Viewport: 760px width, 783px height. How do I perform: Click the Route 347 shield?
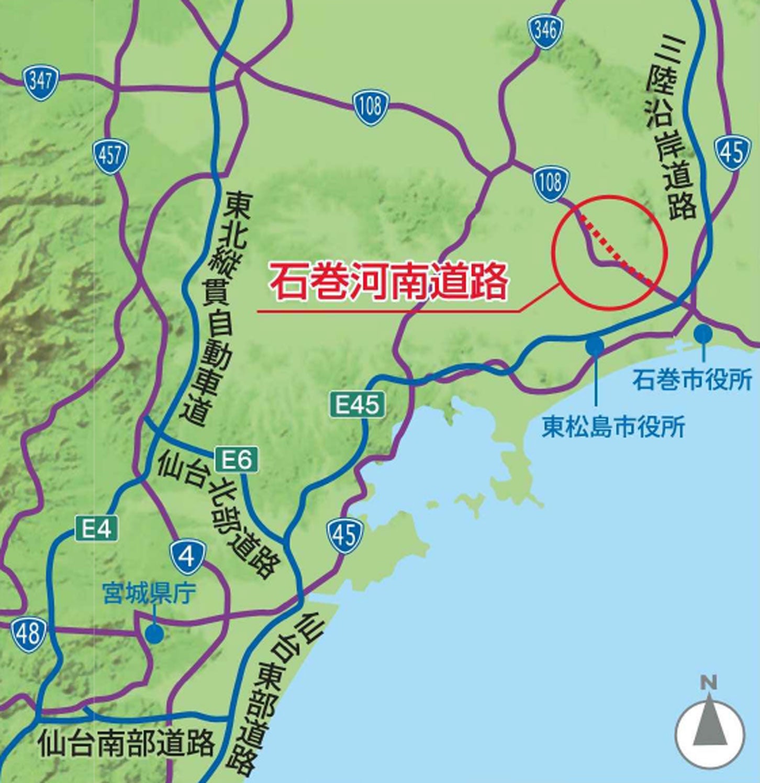[40, 82]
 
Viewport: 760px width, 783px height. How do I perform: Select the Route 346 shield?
[545, 31]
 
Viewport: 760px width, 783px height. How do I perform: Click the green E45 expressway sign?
[357, 404]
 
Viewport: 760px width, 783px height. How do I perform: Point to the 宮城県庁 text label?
[149, 594]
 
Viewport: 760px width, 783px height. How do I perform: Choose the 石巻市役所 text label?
[692, 379]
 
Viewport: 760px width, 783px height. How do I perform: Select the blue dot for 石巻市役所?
[703, 332]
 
